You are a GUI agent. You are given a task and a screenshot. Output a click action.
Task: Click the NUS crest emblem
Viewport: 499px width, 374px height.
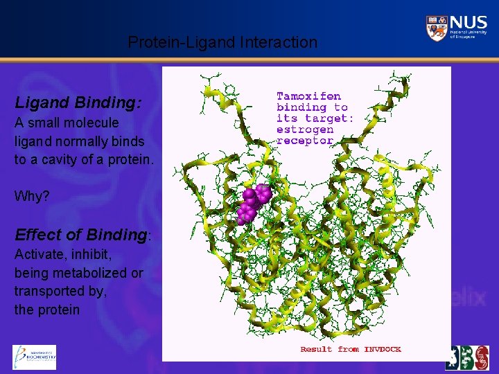437,28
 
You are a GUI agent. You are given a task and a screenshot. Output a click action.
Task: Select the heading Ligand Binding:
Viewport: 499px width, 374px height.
78,103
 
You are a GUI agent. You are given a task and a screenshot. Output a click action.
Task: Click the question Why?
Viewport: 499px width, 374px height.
32,196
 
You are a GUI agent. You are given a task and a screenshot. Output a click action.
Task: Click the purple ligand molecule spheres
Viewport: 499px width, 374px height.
254,203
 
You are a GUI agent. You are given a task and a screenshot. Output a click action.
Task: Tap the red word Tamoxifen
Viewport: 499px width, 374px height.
308,96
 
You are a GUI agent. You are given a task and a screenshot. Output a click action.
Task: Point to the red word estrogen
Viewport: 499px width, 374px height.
305,130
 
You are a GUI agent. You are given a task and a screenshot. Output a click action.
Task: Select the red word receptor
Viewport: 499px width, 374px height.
305,141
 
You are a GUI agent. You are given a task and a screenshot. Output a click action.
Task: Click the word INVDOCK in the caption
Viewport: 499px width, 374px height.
382,349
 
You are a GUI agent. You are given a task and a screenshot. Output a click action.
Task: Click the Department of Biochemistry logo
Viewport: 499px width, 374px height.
34,357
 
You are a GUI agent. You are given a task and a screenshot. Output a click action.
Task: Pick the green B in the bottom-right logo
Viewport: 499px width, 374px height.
466,357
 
